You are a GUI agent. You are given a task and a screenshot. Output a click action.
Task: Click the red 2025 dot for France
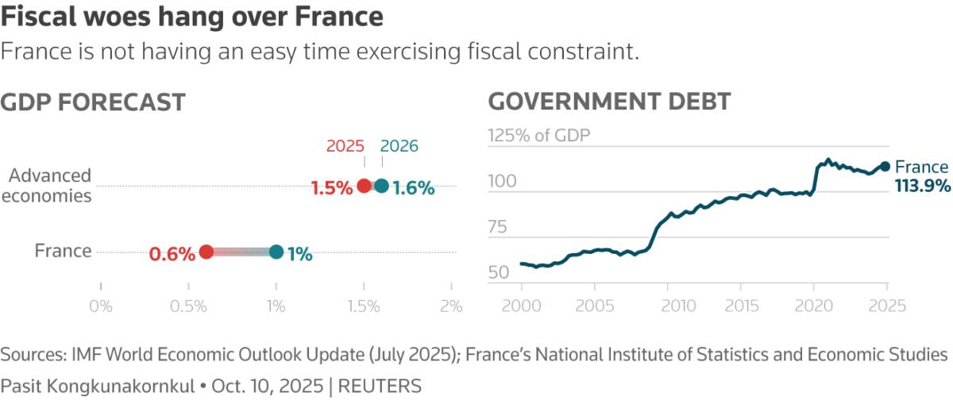tap(206, 252)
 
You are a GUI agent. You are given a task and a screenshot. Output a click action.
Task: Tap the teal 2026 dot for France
tap(276, 252)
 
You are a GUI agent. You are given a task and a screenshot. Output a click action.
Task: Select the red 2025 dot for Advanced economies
tap(364, 186)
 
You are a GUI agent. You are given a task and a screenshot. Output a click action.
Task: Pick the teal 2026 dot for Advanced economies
tap(382, 186)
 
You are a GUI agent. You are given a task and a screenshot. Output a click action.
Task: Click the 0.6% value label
tap(172, 254)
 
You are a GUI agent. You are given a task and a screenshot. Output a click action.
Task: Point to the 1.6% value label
tap(414, 188)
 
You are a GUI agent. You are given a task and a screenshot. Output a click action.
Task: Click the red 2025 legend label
tap(345, 146)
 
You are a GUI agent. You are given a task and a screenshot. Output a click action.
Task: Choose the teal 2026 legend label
tap(399, 146)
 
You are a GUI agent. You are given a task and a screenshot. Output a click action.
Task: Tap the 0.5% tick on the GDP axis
tap(188, 306)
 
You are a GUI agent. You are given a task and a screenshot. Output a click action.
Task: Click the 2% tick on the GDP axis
tap(450, 306)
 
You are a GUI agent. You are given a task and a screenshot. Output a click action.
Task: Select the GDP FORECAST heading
tap(93, 102)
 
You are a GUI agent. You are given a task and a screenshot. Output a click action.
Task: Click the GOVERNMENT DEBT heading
tap(609, 102)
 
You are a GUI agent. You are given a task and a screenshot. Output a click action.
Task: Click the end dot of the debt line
tap(885, 167)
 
